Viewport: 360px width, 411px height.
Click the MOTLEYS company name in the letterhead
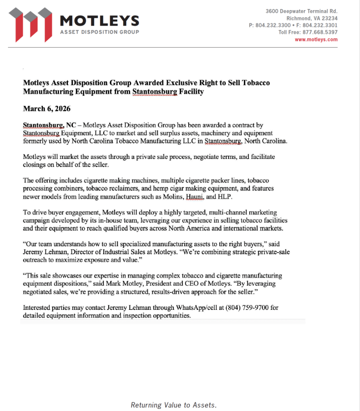(99, 20)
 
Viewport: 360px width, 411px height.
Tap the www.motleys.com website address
(316, 40)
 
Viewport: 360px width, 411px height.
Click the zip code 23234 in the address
(328, 18)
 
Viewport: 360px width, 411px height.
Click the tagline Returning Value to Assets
(174, 405)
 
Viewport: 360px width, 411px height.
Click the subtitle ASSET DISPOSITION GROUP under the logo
(99, 32)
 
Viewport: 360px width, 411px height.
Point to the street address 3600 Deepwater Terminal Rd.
(302, 11)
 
